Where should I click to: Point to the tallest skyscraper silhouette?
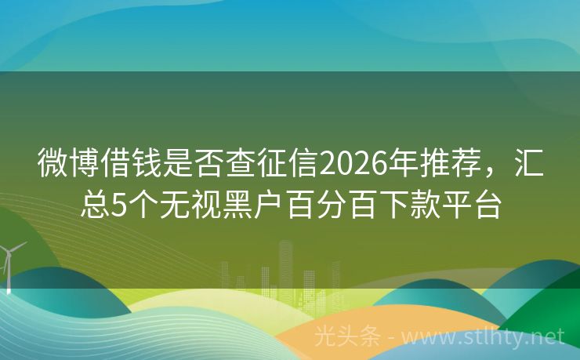[x=286, y=267]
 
